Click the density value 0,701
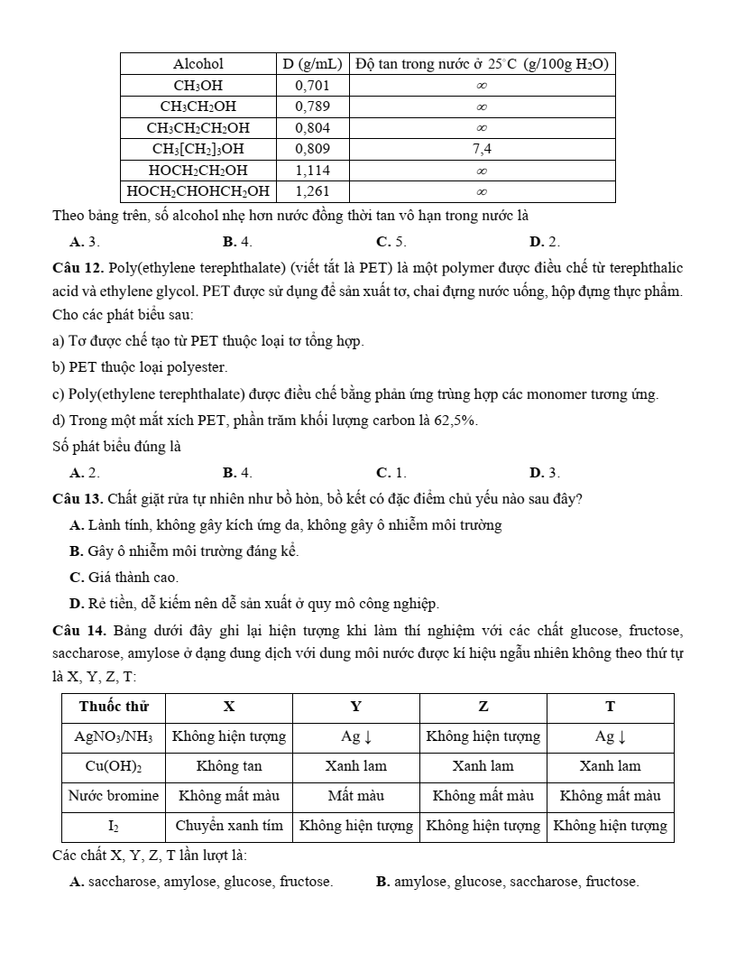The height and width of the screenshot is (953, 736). pyautogui.click(x=311, y=86)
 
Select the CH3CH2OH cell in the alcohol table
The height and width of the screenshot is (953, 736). pyautogui.click(x=198, y=106)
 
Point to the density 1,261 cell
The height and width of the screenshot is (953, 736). pyautogui.click(x=311, y=190)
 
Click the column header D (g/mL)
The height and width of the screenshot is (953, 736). pyautogui.click(x=311, y=64)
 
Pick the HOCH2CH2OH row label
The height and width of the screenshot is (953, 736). pyautogui.click(x=198, y=170)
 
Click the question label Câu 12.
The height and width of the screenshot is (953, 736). pyautogui.click(x=79, y=268)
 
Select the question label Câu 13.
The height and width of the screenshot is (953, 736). pyautogui.click(x=79, y=499)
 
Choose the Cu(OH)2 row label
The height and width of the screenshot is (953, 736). pyautogui.click(x=114, y=766)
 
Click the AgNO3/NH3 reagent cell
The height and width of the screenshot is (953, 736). pyautogui.click(x=114, y=736)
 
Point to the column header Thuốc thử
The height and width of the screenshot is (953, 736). pyautogui.click(x=114, y=707)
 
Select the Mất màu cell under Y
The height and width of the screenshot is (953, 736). pyautogui.click(x=356, y=796)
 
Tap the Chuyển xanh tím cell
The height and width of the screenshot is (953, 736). pyautogui.click(x=229, y=826)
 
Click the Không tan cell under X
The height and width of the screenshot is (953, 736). pyautogui.click(x=229, y=766)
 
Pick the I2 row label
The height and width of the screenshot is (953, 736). pyautogui.click(x=114, y=826)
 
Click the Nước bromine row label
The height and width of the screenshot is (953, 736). pyautogui.click(x=114, y=796)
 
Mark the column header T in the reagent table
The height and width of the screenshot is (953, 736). pyautogui.click(x=610, y=707)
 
